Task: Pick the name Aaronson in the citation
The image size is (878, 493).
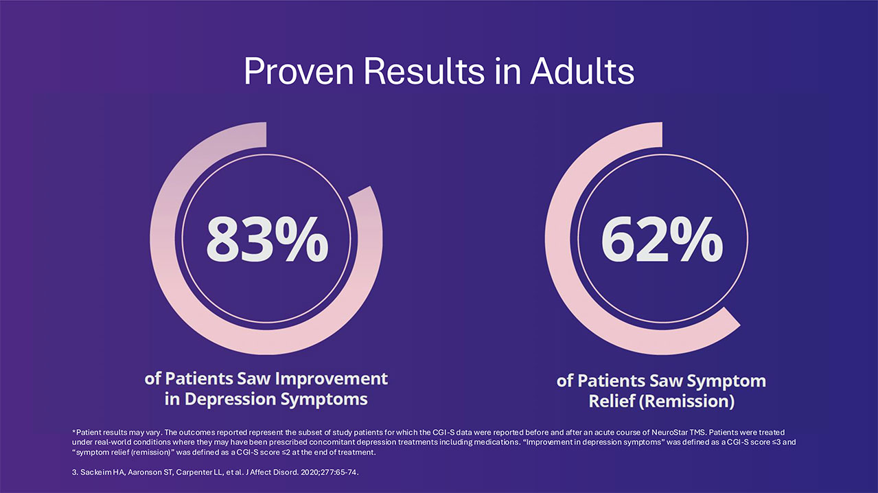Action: click(x=143, y=472)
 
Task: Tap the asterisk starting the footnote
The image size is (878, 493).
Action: click(x=73, y=431)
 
